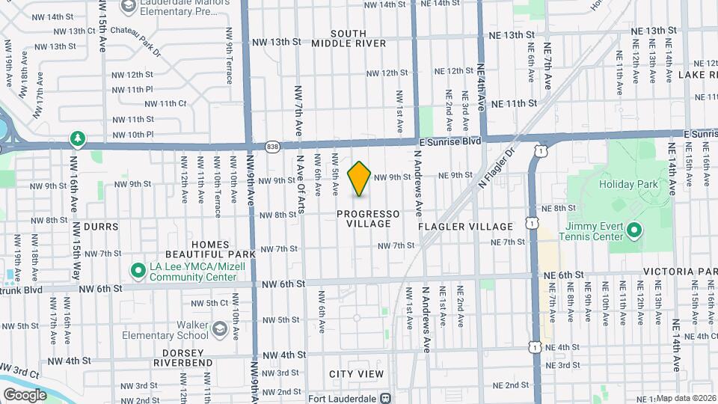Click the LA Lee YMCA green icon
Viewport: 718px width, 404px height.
coord(138,269)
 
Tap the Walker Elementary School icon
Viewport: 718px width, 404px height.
coord(219,329)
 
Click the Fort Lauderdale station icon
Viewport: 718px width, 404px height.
coord(386,399)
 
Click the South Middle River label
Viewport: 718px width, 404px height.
coord(360,38)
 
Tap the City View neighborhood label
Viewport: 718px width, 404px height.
coord(356,373)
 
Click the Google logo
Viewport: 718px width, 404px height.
coord(25,394)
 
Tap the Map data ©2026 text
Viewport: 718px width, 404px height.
coord(686,398)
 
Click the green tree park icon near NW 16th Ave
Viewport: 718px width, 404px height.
coord(77,139)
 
